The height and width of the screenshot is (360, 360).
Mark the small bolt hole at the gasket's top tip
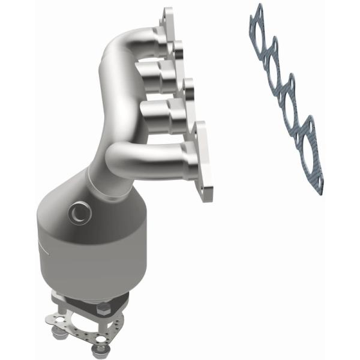point(259,8)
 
